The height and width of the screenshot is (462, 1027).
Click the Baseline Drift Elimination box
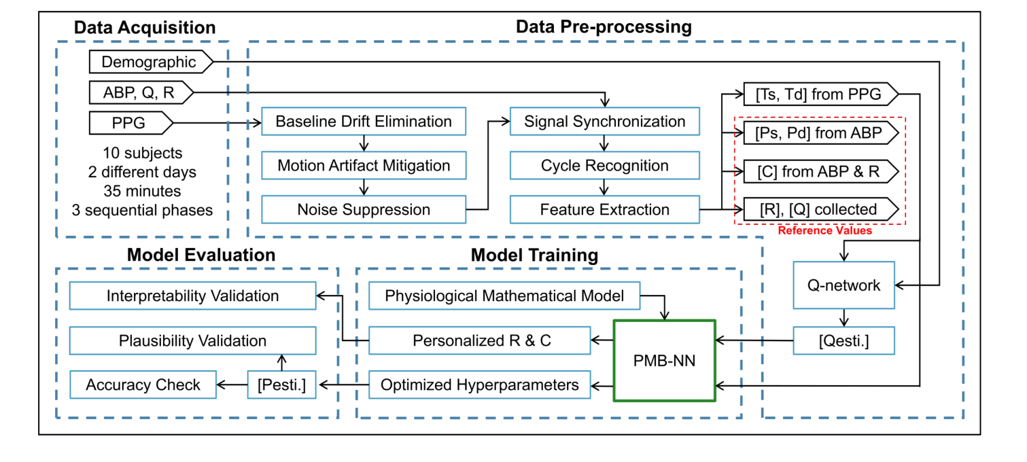click(364, 122)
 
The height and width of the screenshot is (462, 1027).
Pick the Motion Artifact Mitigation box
click(364, 166)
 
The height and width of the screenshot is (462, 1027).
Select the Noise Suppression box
click(364, 209)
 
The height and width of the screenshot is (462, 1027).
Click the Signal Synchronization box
click(605, 122)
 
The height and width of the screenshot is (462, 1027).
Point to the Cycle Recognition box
click(605, 166)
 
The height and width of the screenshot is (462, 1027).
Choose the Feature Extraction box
click(605, 209)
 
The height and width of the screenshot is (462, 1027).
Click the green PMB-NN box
click(664, 361)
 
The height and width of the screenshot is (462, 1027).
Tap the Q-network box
click(844, 285)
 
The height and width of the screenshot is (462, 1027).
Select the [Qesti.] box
click(844, 340)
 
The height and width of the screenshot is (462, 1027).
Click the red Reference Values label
click(824, 231)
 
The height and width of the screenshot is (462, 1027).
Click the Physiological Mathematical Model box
click(504, 296)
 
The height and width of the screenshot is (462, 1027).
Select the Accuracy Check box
click(143, 385)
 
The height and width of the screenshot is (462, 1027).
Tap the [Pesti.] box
click(281, 385)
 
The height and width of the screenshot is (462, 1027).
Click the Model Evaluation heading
click(201, 255)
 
